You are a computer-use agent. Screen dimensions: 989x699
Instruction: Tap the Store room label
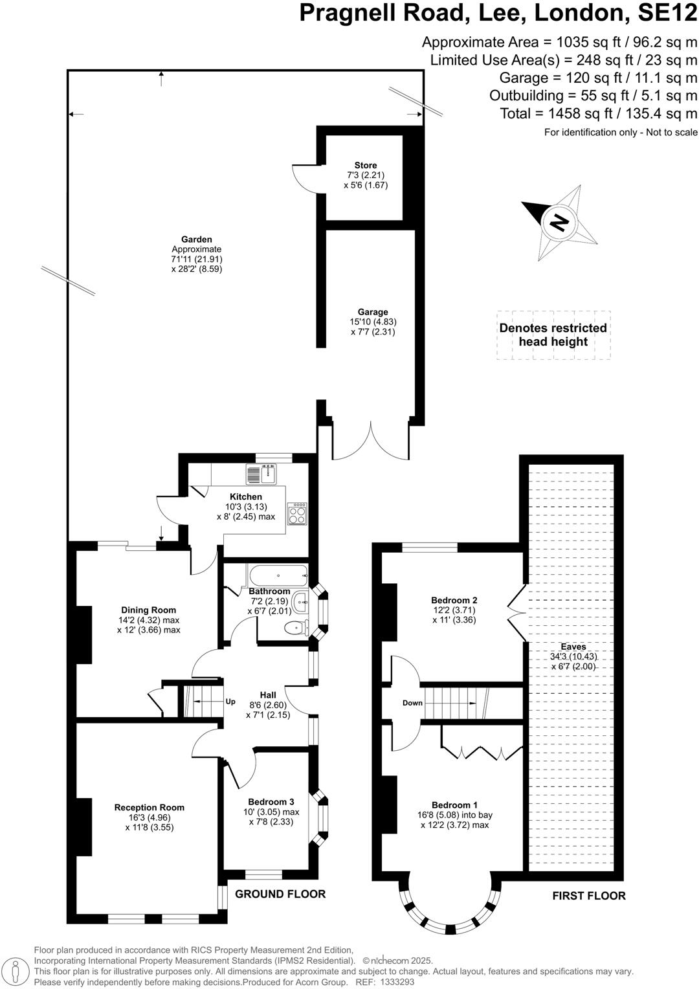click(366, 166)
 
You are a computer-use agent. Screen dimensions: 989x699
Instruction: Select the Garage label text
click(373, 312)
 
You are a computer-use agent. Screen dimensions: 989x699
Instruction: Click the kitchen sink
click(261, 474)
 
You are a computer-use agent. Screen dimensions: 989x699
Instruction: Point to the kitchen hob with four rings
click(297, 513)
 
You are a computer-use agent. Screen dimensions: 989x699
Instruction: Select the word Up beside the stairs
click(230, 702)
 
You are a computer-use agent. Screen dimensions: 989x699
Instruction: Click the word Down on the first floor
click(412, 703)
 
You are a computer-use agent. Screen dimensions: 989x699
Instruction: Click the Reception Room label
click(150, 807)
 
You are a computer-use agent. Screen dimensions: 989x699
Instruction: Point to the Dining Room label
click(149, 610)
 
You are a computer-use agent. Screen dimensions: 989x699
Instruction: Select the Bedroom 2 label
click(454, 600)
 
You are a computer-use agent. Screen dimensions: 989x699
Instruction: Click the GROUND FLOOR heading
click(280, 894)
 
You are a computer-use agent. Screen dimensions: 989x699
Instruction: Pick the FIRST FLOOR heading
click(588, 896)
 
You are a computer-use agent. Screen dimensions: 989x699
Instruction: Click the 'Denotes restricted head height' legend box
click(553, 335)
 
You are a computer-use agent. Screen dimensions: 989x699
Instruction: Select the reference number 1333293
click(400, 982)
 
